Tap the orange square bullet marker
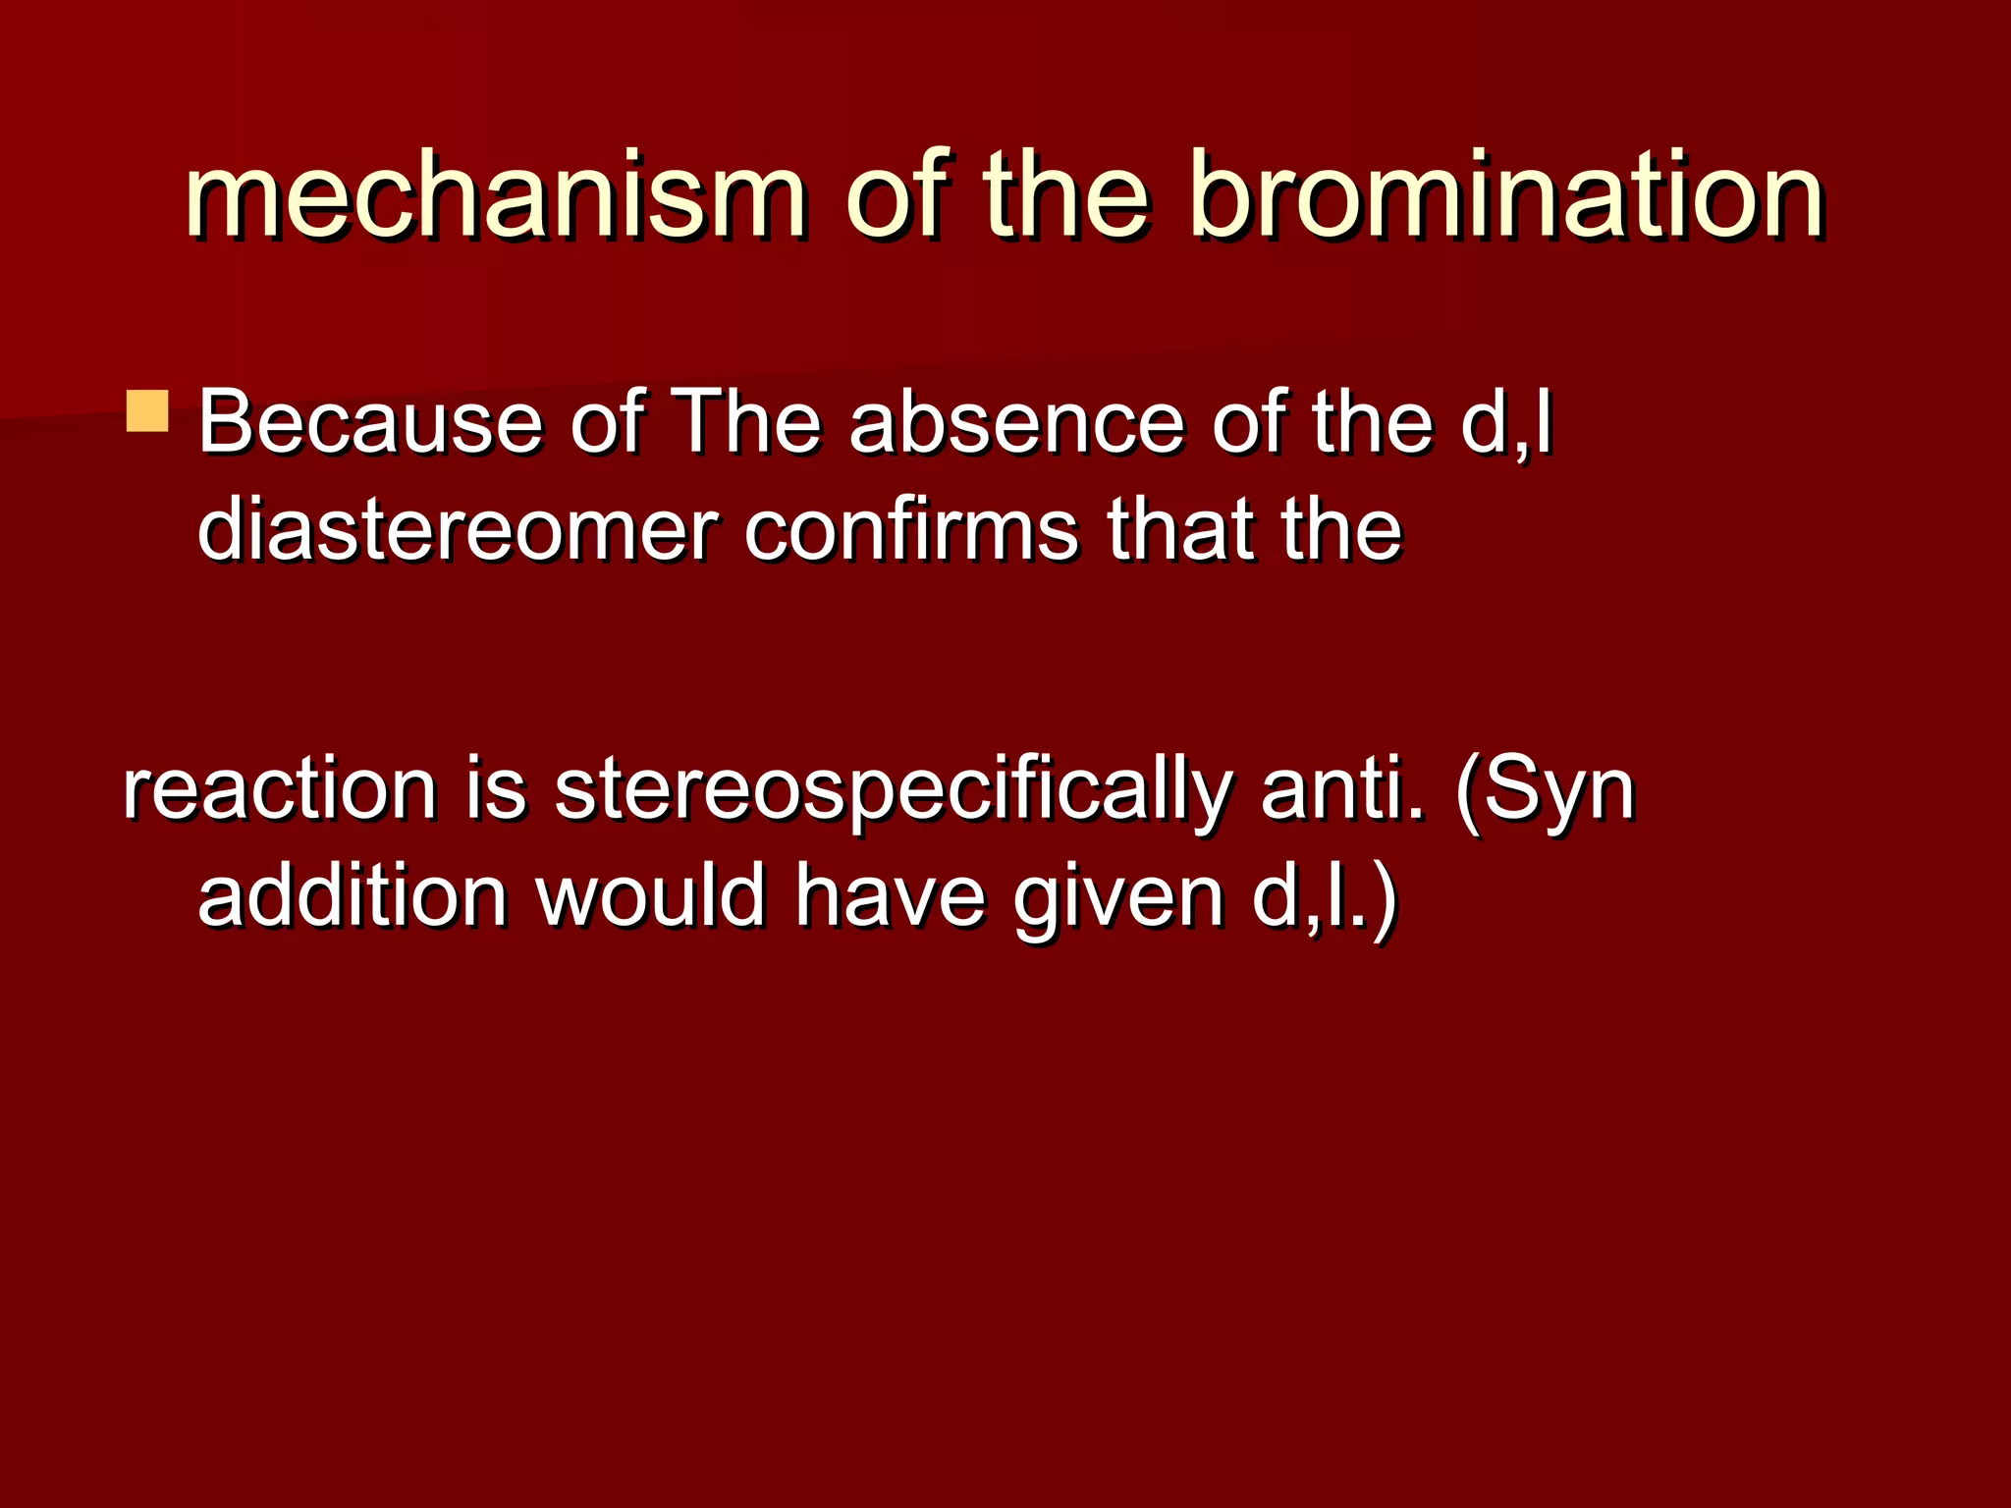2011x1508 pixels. pos(147,412)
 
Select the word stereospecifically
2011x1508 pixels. pos(892,790)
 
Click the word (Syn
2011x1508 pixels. pos(1546,790)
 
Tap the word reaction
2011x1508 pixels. pos(280,790)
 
